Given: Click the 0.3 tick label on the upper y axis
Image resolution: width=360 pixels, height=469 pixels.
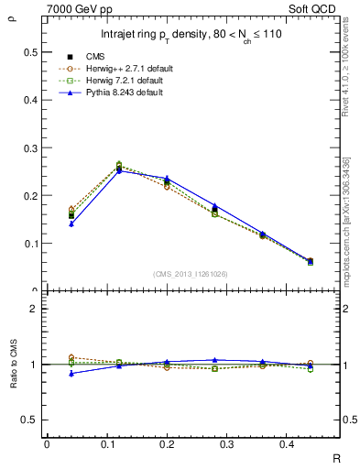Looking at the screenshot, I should [x=32, y=147].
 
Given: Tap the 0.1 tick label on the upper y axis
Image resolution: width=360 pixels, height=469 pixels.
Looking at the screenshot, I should [x=32, y=244].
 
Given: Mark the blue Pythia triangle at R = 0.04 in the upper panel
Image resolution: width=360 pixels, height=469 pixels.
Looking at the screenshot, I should [x=71, y=224].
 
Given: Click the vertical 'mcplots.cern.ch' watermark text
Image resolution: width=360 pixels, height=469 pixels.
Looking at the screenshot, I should [x=349, y=229].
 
